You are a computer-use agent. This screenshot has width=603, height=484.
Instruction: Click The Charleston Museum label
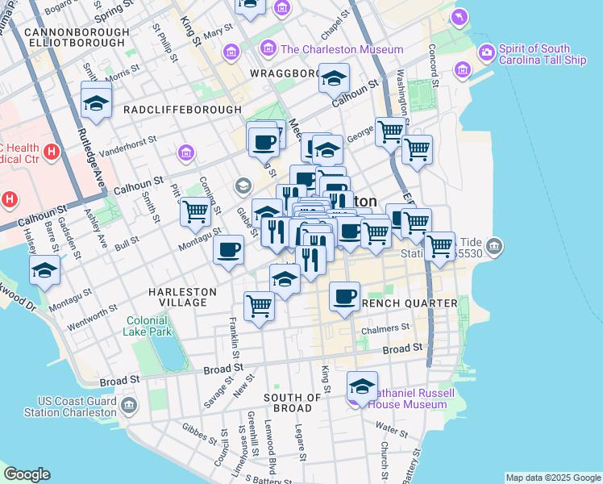[x=341, y=50]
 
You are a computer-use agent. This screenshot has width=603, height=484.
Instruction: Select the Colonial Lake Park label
[x=148, y=325]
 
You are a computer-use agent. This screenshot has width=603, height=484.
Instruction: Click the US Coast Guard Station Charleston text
[x=77, y=407]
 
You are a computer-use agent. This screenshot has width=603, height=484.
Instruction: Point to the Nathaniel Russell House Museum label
[x=411, y=398]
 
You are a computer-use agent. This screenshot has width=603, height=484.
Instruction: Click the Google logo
[x=27, y=474]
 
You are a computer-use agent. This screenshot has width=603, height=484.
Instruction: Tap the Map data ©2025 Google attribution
[x=552, y=478]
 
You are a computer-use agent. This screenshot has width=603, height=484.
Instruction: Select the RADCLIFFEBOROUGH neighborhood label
[x=182, y=110]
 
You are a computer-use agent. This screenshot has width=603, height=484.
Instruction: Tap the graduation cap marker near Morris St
[x=96, y=102]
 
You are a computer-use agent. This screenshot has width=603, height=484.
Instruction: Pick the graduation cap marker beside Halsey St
[x=45, y=271]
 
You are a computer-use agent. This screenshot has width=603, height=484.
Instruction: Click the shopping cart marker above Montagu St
[x=195, y=211]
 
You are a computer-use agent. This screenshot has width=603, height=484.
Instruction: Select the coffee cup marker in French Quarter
[x=344, y=296]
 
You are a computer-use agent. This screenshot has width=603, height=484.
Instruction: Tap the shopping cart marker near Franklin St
[x=259, y=306]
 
